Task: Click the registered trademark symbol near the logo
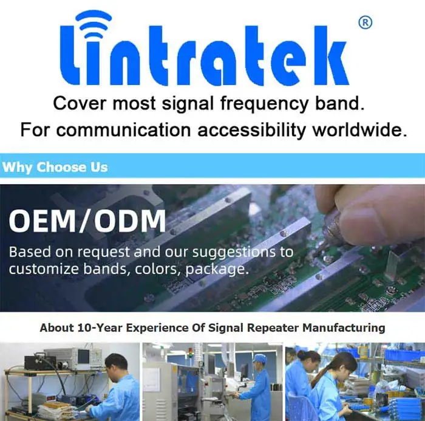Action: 365,23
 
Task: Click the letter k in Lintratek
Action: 330,56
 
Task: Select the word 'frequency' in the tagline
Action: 265,103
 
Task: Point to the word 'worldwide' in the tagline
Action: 360,129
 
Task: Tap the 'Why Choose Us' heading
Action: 55,167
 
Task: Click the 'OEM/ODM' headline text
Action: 87,221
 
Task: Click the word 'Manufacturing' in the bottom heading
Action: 344,327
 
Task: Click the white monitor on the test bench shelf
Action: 84,355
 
